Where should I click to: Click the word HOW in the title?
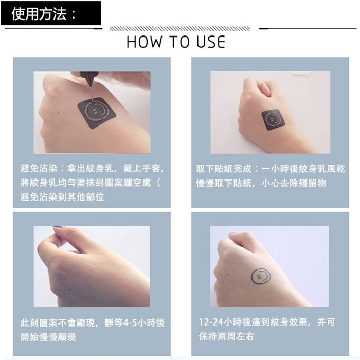point(144,42)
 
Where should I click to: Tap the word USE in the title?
point(211,42)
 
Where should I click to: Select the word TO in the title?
point(179,42)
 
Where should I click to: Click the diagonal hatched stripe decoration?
point(180,29)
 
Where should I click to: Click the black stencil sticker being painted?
point(97,113)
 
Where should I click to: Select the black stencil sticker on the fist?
point(273,120)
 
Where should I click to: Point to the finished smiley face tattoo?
point(261,276)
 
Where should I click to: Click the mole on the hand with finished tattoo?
point(227,275)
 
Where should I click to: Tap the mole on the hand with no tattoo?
point(70,290)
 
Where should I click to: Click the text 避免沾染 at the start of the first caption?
point(39,168)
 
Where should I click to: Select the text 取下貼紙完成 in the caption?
point(224,169)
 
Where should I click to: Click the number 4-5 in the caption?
point(131,323)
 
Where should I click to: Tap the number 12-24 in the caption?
point(211,322)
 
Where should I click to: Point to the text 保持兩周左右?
point(226,336)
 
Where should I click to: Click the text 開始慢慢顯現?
point(48,337)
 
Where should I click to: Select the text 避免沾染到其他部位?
point(62,197)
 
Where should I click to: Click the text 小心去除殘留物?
point(294,183)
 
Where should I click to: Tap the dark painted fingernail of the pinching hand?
point(58,227)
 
